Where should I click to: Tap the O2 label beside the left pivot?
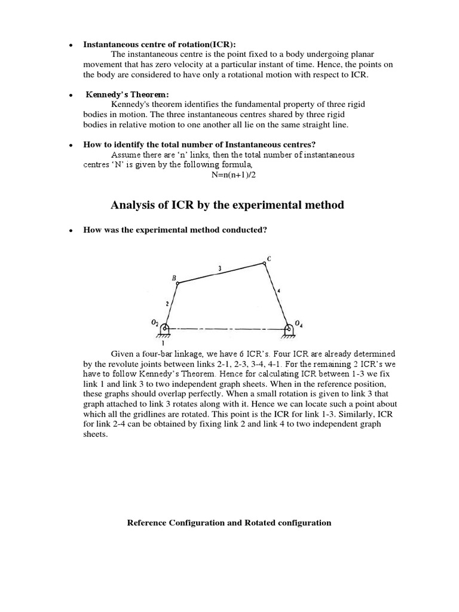click(x=155, y=323)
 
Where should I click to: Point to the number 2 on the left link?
click(x=167, y=304)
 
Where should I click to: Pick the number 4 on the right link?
click(x=279, y=291)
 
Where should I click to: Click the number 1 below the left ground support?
click(x=163, y=343)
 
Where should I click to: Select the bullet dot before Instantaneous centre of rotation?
click(x=71, y=45)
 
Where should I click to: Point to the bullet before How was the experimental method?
click(x=71, y=231)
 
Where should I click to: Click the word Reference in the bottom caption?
click(x=147, y=522)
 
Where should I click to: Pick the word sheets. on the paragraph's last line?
click(x=96, y=434)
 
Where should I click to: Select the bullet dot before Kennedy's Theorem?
click(x=71, y=96)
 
